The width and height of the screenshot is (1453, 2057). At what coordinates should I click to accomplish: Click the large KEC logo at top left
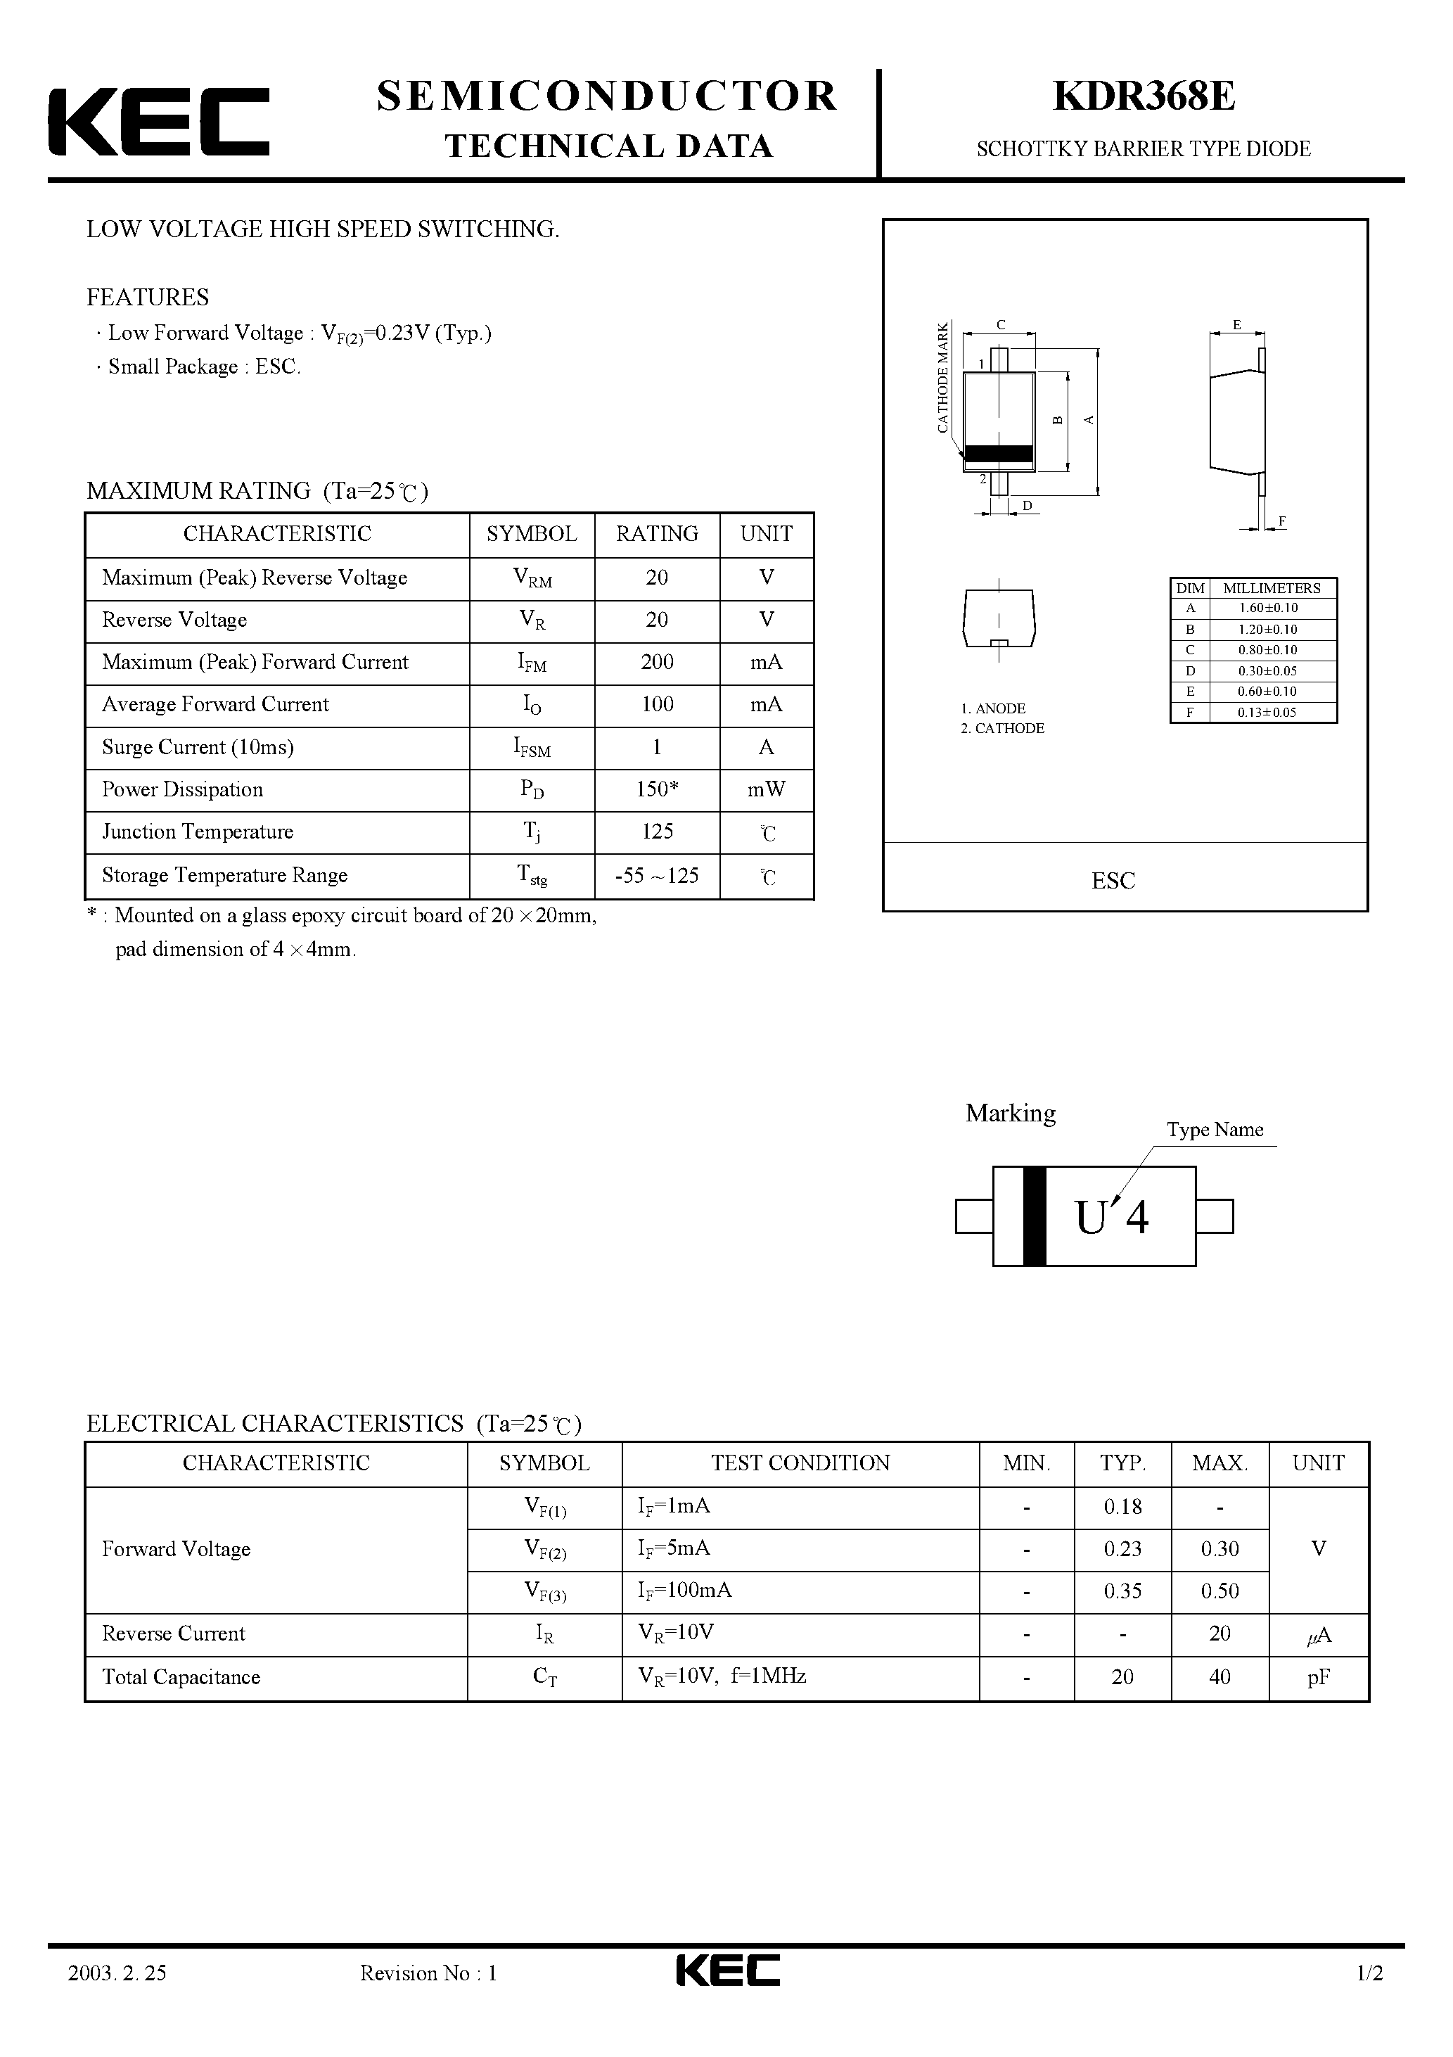pyautogui.click(x=158, y=122)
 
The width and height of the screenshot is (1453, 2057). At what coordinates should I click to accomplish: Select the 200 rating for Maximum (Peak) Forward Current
pyautogui.click(x=657, y=662)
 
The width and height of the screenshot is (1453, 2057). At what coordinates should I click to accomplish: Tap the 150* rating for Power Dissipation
pyautogui.click(x=657, y=789)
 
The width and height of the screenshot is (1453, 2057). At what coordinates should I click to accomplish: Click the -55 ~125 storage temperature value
pyautogui.click(x=657, y=875)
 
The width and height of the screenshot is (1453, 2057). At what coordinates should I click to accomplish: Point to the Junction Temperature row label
pyautogui.click(x=197, y=832)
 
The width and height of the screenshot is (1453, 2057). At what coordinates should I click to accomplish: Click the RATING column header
pyautogui.click(x=657, y=534)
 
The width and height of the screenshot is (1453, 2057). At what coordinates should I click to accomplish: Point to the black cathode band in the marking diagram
pyautogui.click(x=1034, y=1216)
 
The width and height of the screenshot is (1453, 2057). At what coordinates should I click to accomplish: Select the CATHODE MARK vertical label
pyautogui.click(x=942, y=377)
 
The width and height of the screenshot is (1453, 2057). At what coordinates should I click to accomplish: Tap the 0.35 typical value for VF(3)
pyautogui.click(x=1122, y=1591)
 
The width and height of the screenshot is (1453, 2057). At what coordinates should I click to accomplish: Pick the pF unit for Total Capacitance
pyautogui.click(x=1318, y=1677)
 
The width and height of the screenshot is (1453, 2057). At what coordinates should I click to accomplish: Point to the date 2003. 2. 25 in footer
pyautogui.click(x=117, y=1999)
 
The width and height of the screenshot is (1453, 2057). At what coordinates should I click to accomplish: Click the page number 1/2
pyautogui.click(x=1370, y=1999)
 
